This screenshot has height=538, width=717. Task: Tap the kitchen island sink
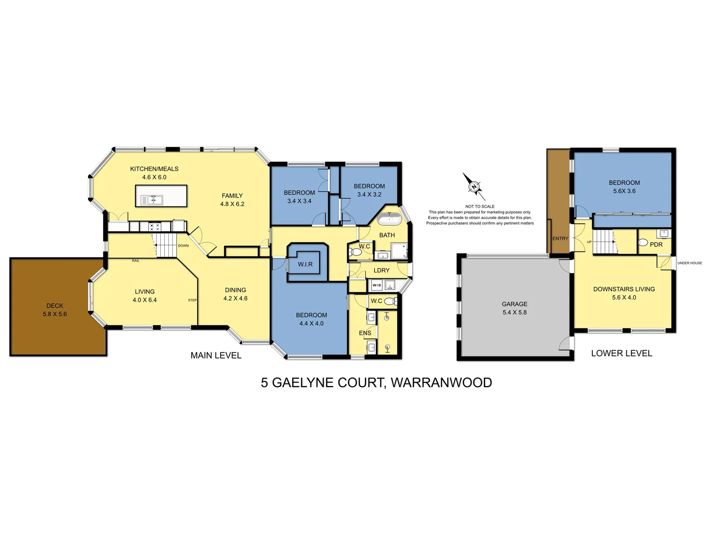tap(152, 200)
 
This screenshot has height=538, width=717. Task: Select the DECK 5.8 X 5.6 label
tap(55, 310)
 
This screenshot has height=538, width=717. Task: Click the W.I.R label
tap(305, 264)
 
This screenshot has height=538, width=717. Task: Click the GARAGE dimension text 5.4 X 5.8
tap(514, 312)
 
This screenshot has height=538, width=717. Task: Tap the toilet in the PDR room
tap(643, 243)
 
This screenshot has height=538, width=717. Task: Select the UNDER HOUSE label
tap(690, 263)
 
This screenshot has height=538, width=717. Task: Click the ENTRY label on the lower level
tap(560, 239)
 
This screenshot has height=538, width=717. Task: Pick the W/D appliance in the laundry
tap(376, 285)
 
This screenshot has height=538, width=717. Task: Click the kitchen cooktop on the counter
tap(155, 227)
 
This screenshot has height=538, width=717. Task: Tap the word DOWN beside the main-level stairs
tap(183, 246)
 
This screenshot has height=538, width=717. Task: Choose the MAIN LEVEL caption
tap(216, 355)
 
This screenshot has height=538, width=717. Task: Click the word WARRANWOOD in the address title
tap(441, 383)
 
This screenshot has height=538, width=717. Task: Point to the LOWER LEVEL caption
tap(621, 353)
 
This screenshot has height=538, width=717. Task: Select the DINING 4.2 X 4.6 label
tap(236, 294)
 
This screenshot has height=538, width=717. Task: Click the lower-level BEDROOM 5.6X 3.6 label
tap(624, 187)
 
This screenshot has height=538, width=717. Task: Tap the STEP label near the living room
tap(192, 300)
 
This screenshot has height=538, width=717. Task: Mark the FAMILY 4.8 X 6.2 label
tap(232, 200)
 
